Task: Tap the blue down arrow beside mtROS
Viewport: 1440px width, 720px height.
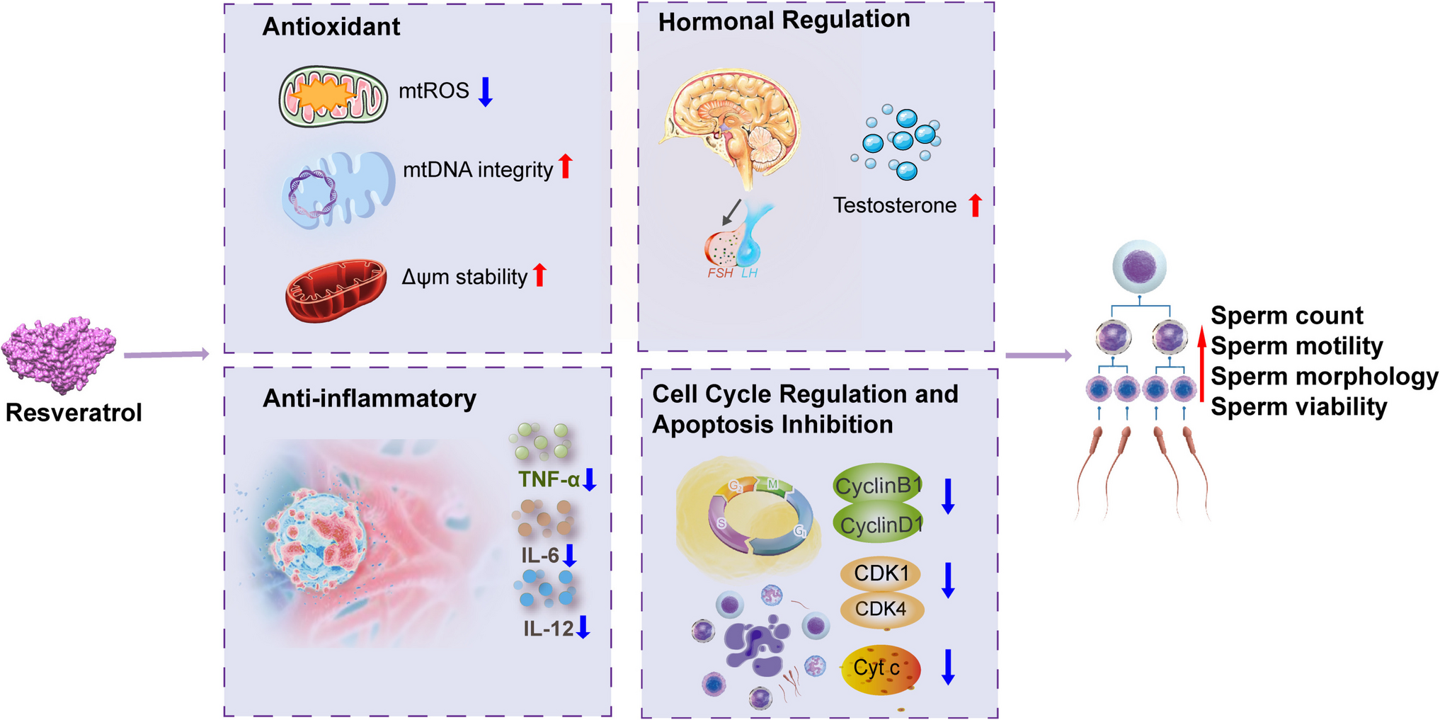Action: [485, 92]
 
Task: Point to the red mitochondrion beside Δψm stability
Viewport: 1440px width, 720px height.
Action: [336, 289]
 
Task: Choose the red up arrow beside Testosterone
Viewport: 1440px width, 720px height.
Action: [976, 205]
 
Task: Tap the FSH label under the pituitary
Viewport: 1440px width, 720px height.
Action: [720, 273]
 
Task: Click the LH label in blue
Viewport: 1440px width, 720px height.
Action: [749, 273]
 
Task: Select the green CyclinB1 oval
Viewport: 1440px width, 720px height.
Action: [878, 486]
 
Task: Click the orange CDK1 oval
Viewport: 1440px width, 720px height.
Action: [881, 573]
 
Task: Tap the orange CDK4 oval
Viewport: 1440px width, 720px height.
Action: [881, 609]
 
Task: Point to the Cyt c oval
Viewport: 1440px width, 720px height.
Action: [879, 668]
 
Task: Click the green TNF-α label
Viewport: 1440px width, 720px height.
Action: [549, 480]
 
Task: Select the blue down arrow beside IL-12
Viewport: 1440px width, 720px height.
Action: [583, 627]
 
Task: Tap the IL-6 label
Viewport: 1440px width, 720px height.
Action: [540, 555]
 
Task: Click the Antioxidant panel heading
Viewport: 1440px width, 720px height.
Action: [331, 27]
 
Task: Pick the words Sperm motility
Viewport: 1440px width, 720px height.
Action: [1296, 346]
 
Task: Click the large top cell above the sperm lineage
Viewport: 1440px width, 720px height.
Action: [1139, 267]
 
